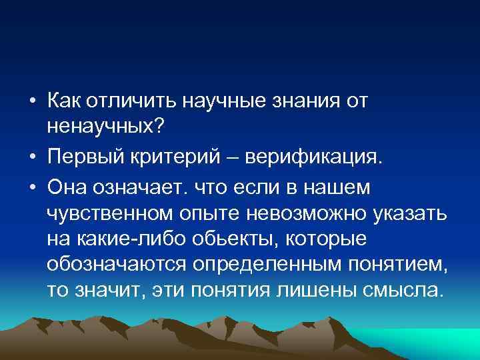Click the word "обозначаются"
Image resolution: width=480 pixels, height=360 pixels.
pyautogui.click(x=116, y=265)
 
